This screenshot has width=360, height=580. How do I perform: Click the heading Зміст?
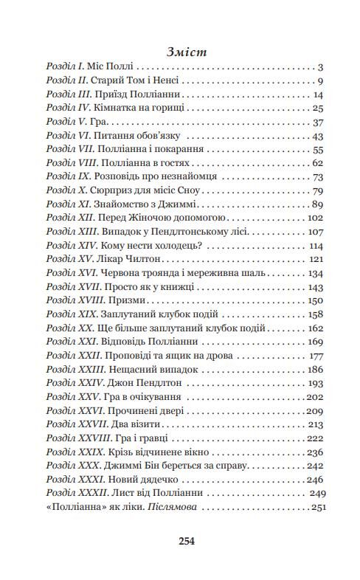tap(181, 52)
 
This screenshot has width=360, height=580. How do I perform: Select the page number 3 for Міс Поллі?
tap(322, 68)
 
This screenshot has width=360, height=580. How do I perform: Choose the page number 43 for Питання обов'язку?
tap(319, 137)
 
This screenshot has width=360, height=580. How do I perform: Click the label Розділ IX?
tap(67, 177)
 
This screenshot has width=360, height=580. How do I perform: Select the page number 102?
tap(315, 218)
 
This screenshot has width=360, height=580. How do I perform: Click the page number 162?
tap(315, 328)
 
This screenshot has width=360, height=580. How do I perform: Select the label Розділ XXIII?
tap(72, 369)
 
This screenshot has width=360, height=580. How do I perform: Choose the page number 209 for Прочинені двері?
tap(315, 410)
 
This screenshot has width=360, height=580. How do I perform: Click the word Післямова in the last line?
tap(172, 507)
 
